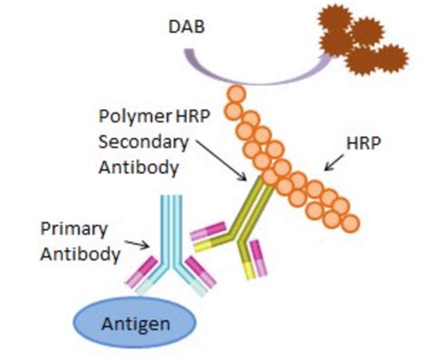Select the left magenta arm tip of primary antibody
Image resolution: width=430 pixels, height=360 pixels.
145,270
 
